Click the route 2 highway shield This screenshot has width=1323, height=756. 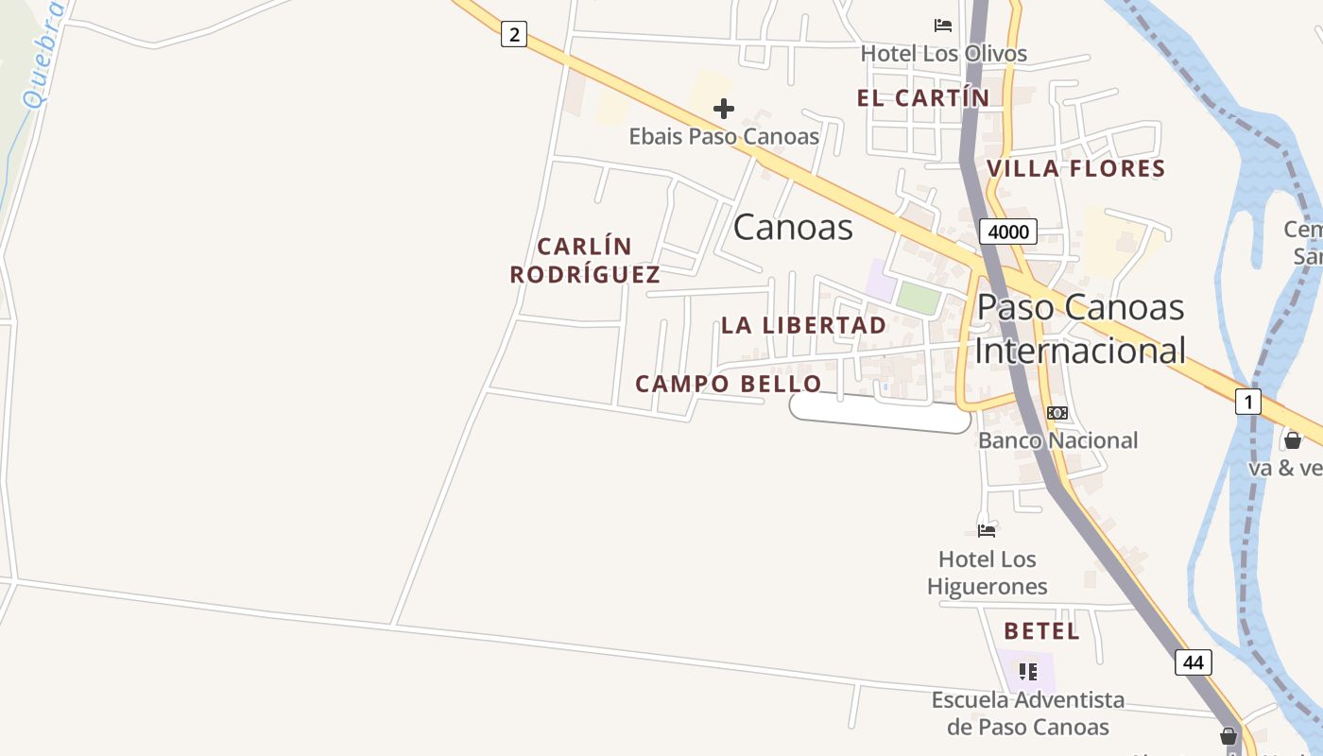pyautogui.click(x=513, y=35)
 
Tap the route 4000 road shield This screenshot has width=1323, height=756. pyautogui.click(x=1008, y=232)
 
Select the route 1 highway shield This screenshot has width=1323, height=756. pyautogui.click(x=1248, y=402)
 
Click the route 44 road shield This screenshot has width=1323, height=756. pyautogui.click(x=1194, y=662)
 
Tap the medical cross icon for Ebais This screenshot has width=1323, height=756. pyautogui.click(x=724, y=109)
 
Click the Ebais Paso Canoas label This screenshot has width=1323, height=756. pyautogui.click(x=724, y=136)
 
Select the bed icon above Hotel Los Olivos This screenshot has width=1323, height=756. pyautogui.click(x=943, y=26)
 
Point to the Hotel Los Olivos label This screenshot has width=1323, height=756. pyautogui.click(x=943, y=53)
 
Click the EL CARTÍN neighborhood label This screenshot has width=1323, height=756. pyautogui.click(x=923, y=97)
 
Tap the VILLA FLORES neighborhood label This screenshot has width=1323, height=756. pyautogui.click(x=1075, y=168)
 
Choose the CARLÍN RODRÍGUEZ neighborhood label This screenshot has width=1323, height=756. pyautogui.click(x=585, y=261)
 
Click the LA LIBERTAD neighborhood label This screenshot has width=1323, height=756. pyautogui.click(x=804, y=325)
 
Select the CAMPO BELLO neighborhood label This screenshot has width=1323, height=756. pyautogui.click(x=729, y=384)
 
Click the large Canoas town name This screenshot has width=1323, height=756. pyautogui.click(x=793, y=227)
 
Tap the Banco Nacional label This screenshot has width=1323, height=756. pyautogui.click(x=1057, y=440)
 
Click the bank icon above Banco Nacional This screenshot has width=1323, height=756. pyautogui.click(x=1057, y=413)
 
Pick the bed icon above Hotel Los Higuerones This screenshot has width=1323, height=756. pyautogui.click(x=987, y=530)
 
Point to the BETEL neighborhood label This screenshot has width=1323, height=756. pyautogui.click(x=1041, y=631)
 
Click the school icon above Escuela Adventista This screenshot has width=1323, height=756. pyautogui.click(x=1028, y=672)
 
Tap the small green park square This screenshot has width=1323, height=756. pyautogui.click(x=919, y=298)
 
